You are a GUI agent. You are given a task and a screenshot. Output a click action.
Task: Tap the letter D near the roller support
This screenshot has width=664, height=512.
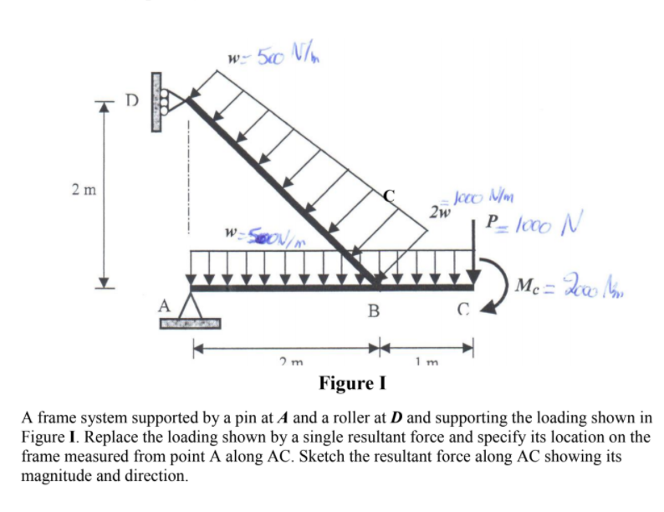[x=130, y=100]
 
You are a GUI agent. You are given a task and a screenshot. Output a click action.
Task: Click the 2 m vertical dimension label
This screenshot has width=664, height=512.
[x=84, y=190]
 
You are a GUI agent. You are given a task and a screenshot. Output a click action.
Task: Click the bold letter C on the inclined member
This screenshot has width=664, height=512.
[x=388, y=197]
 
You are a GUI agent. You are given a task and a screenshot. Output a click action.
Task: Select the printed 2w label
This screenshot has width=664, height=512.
[x=436, y=211]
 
